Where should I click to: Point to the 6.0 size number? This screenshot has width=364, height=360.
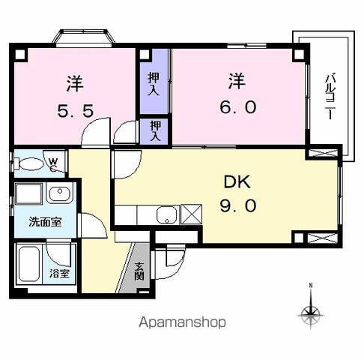238,108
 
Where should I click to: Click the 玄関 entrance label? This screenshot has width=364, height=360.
139,270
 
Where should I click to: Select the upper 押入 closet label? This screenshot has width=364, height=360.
153,82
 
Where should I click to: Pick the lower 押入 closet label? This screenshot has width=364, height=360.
155,131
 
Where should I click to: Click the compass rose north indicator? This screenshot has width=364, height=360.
311,310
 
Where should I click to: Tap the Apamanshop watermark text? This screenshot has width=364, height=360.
182,322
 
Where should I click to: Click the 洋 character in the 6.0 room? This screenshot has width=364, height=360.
238,79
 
